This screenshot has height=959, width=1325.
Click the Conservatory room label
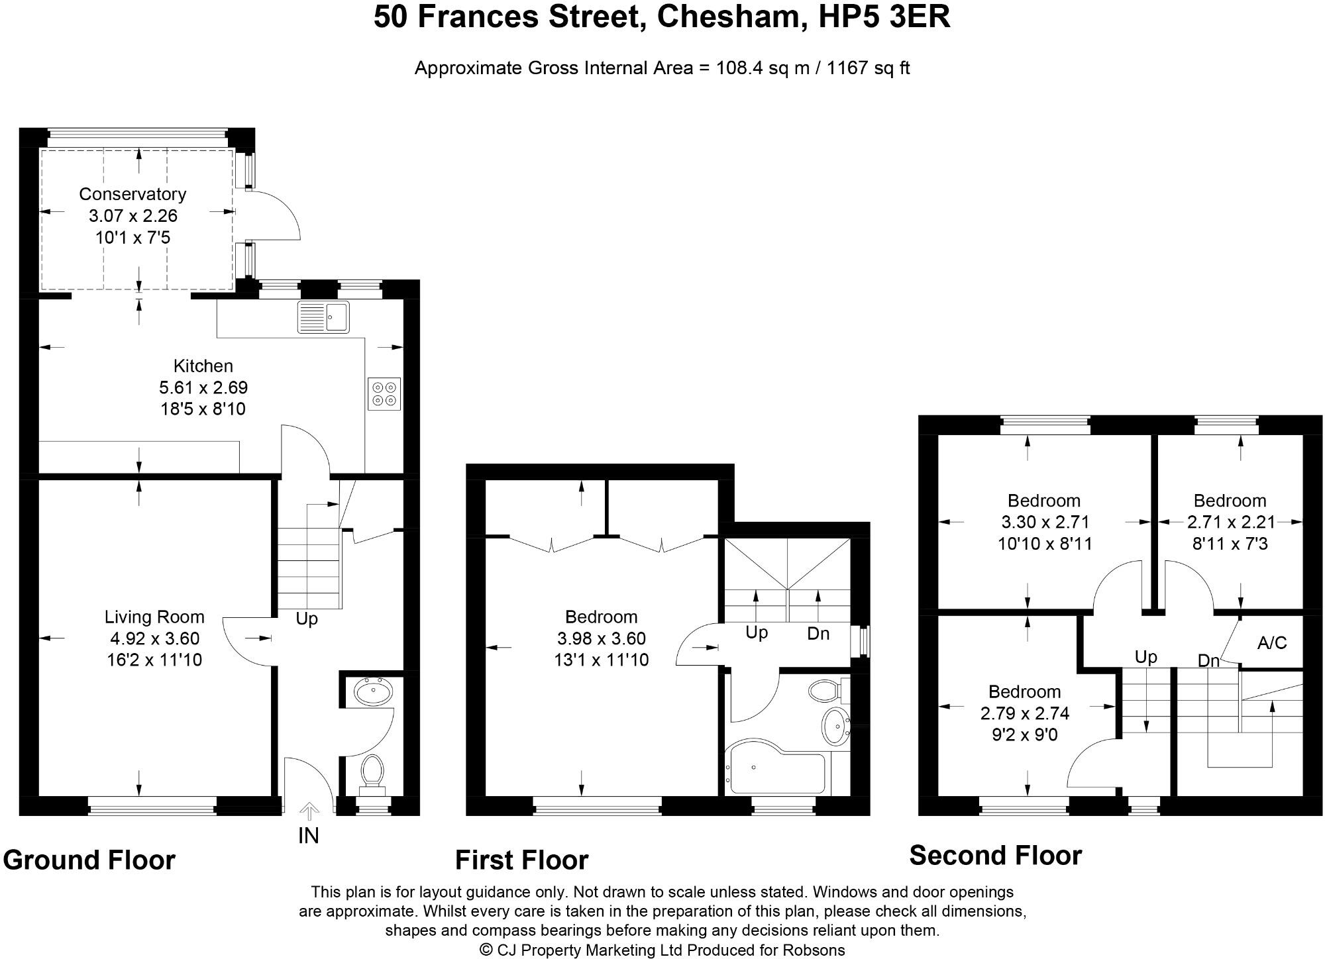tap(132, 194)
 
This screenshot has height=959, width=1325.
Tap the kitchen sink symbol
tap(323, 317)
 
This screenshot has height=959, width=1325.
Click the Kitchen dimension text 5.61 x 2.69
tap(203, 387)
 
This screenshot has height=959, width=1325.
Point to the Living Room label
tap(154, 617)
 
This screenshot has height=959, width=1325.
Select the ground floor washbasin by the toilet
tap(374, 693)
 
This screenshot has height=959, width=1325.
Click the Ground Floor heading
tap(89, 860)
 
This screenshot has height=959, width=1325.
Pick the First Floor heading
tap(522, 860)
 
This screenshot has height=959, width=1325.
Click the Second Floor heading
tap(996, 856)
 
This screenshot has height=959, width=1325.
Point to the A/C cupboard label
tap(1272, 642)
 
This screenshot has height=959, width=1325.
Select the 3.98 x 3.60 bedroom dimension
tap(602, 639)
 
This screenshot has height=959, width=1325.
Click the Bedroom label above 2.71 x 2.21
tap(1230, 501)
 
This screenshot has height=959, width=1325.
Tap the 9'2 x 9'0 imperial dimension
tap(1025, 735)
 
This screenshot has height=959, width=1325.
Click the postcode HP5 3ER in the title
tap(884, 17)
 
